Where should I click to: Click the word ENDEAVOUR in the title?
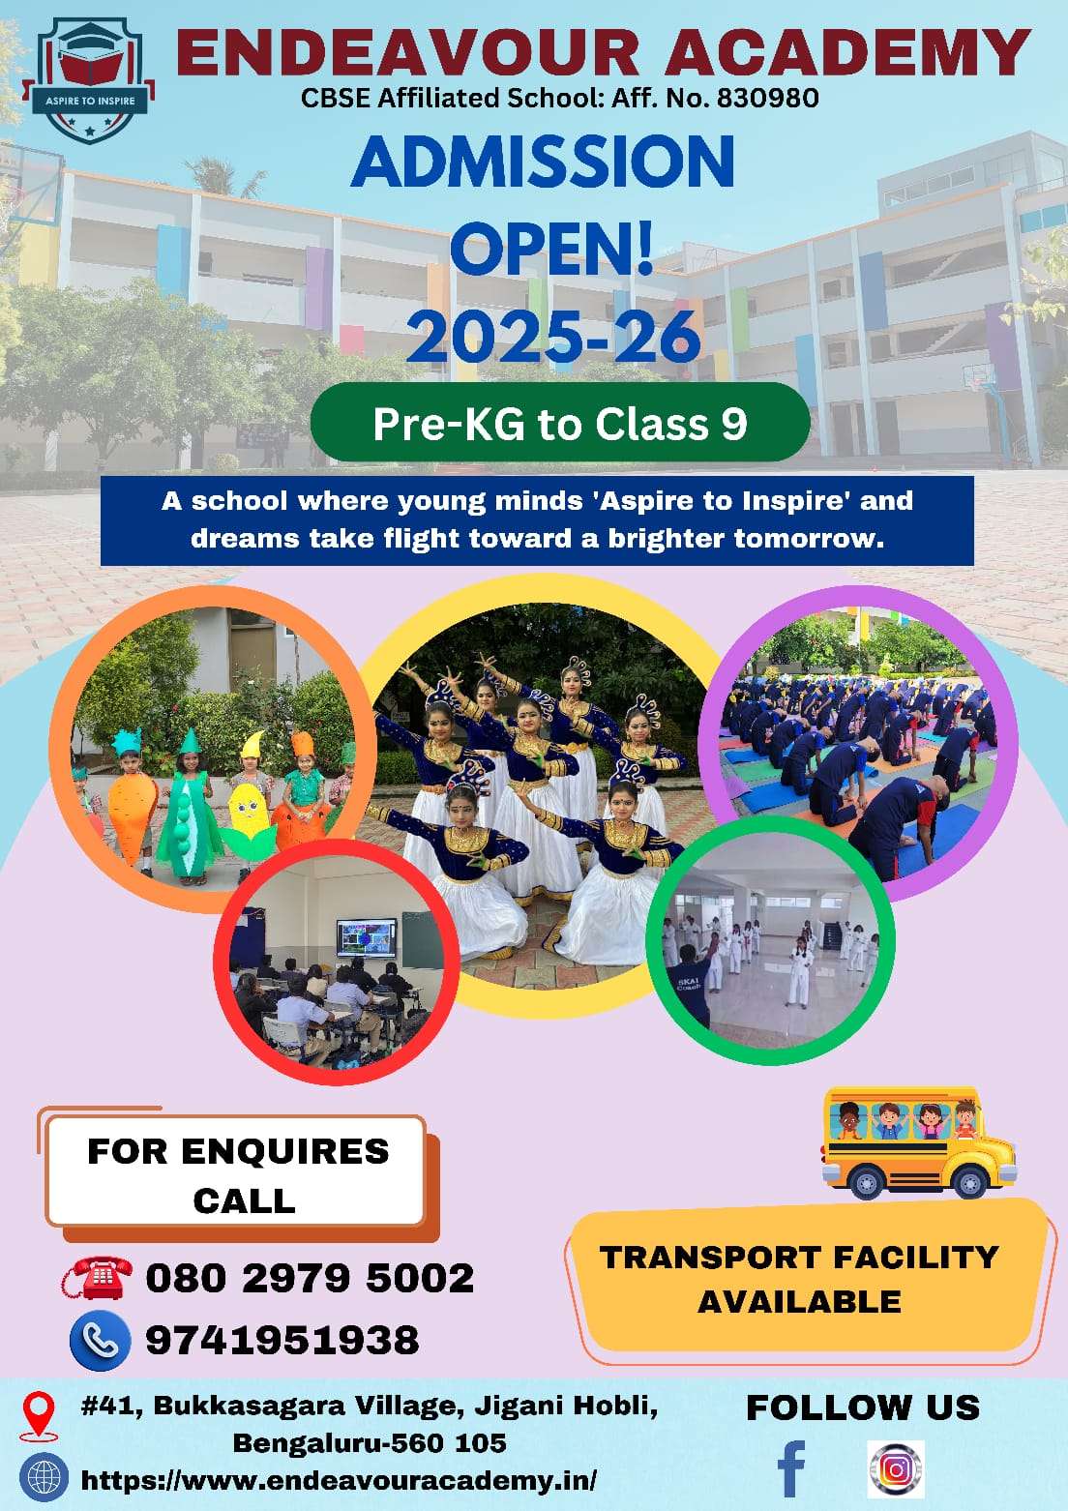(x=407, y=52)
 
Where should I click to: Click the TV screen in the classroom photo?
(x=367, y=939)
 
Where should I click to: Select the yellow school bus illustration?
(x=916, y=1141)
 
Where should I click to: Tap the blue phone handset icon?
(x=100, y=1340)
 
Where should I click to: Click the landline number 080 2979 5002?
(x=310, y=1278)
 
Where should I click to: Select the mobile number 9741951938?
(x=282, y=1340)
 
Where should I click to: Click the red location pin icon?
(x=39, y=1414)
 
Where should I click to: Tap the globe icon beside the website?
(x=43, y=1479)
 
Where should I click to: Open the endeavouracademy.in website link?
(x=339, y=1480)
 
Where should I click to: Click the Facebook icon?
(x=792, y=1468)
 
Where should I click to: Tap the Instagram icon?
(x=896, y=1468)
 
